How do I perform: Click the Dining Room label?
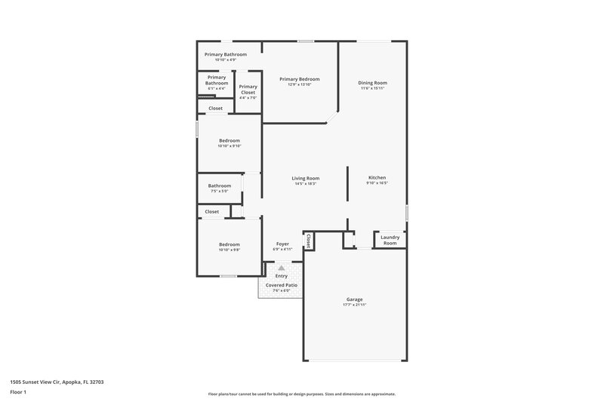coord(372,82)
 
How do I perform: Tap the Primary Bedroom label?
coord(299,78)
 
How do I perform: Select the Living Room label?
coord(306,178)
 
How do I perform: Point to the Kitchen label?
coord(377,178)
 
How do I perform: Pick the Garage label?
coord(355,299)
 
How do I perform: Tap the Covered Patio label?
coord(281,285)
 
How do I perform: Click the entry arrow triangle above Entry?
coord(282,268)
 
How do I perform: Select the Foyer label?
coord(282,244)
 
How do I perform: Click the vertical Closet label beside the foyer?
coord(308,241)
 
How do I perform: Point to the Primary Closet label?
coord(248,89)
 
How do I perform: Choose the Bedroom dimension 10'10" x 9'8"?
coord(230,250)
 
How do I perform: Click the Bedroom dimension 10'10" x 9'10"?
coord(230,146)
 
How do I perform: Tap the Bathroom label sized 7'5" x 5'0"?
coord(220,186)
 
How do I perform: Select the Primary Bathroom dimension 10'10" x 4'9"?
coord(225,60)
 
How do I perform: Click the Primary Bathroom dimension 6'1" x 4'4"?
coord(217,88)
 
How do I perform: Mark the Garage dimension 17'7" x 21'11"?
coord(355,305)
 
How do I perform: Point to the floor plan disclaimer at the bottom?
coord(301,394)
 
